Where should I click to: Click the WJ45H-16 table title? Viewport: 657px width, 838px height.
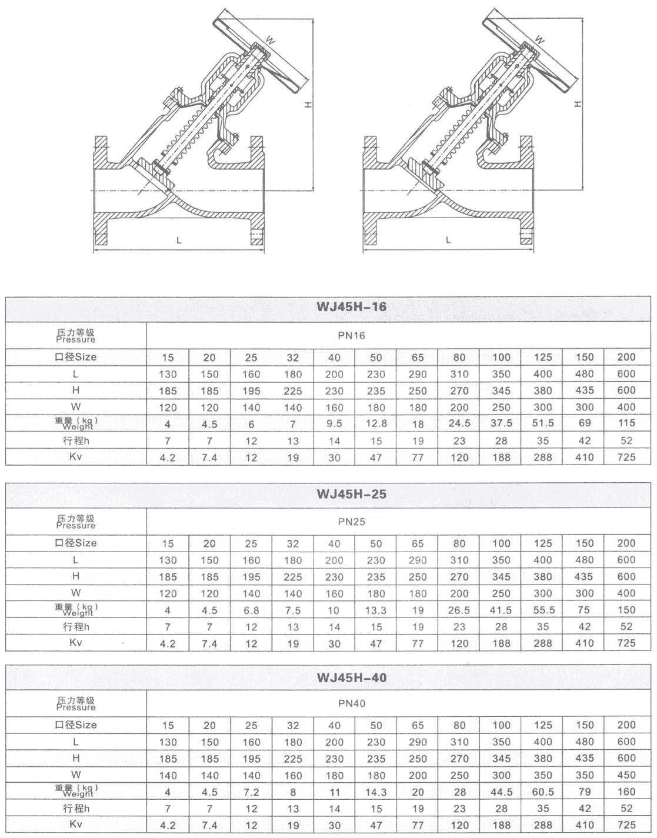tap(352, 308)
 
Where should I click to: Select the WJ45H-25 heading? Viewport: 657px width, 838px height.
tap(352, 494)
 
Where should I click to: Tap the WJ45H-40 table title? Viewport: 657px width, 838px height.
tap(352, 677)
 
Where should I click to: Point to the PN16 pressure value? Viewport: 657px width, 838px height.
tap(352, 336)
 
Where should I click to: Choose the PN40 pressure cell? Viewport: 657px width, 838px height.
tap(352, 703)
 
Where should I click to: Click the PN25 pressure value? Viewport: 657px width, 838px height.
tap(352, 521)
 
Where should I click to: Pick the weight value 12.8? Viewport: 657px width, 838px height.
tap(376, 423)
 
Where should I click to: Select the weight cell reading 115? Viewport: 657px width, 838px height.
tap(626, 423)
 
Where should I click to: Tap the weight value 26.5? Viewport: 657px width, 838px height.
tap(459, 610)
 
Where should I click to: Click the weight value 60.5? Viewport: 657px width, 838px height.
tap(542, 792)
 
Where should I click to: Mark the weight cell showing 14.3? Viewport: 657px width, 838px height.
tap(376, 792)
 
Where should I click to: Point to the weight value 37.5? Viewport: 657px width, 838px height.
tap(501, 423)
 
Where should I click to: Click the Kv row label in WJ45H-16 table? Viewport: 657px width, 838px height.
tap(76, 456)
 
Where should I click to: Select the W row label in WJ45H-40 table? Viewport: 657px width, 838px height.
tap(76, 774)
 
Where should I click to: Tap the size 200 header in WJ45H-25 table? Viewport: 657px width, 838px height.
tap(626, 543)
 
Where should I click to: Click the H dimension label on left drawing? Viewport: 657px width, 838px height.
tap(307, 104)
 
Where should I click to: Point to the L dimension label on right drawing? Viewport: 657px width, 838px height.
tap(448, 240)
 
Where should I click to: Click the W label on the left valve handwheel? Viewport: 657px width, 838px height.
tap(270, 40)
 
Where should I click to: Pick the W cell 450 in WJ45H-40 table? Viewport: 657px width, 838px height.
tap(626, 775)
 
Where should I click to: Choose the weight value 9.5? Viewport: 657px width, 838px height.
tap(334, 423)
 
